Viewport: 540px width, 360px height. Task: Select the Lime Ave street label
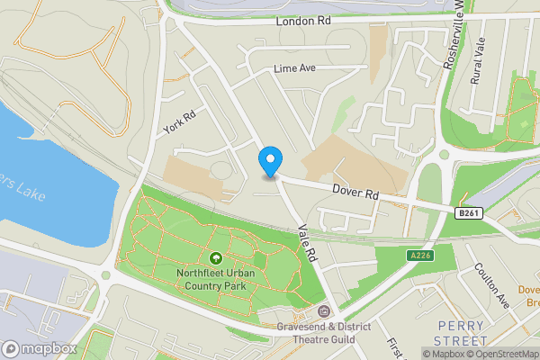point(295,68)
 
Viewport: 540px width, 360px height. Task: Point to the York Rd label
point(180,122)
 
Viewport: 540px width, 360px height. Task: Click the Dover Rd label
point(357,192)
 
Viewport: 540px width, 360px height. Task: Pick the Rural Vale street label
point(478,61)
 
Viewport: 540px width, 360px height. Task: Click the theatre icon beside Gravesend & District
point(324,311)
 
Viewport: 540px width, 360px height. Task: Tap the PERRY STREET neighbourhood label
point(460,332)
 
